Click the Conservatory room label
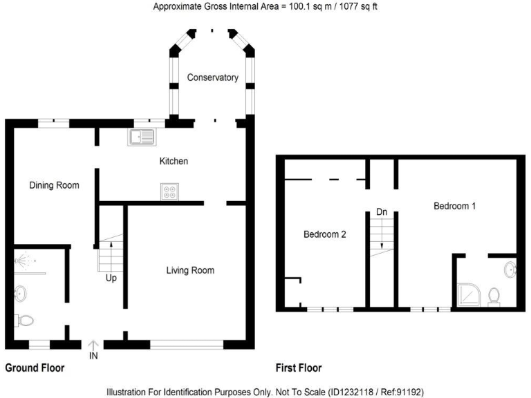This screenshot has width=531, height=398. pos(213,77)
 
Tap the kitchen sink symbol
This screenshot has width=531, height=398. pos(142,137)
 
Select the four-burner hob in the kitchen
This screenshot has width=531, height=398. pos(169,192)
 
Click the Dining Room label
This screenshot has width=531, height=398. pos(54,185)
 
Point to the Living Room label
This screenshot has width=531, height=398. pos(190,270)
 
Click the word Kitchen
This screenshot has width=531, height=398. pos(174,161)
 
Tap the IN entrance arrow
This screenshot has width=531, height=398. pos(93,346)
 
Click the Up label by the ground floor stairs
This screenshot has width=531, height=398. pos(111,278)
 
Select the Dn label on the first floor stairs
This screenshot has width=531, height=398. pos(382,212)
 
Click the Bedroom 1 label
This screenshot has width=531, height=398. pos(454,206)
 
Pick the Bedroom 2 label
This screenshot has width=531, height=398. pos(325,234)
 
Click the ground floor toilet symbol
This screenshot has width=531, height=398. pos(24,320)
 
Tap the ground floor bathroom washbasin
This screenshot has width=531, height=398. pos(20,294)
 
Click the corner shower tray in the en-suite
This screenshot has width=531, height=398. pos(469,295)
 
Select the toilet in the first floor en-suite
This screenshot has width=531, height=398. pos(494,296)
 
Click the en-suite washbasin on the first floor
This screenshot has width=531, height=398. pos(510,269)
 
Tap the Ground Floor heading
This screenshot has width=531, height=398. pos(35,368)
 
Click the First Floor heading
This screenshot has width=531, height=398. pos(299,368)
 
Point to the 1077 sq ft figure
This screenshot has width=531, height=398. pos(358,6)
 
